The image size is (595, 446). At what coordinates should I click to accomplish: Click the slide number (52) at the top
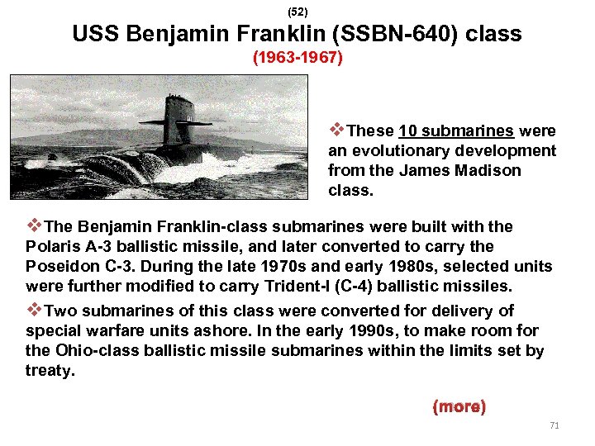click(297, 12)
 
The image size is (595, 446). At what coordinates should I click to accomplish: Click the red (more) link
click(459, 407)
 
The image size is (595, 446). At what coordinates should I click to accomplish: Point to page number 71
click(555, 425)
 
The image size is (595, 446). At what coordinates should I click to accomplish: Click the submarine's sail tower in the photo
click(178, 120)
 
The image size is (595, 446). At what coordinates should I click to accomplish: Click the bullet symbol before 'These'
click(336, 130)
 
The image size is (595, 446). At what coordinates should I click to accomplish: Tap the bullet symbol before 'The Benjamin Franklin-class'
click(33, 225)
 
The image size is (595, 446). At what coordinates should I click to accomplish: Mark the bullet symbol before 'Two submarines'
click(33, 310)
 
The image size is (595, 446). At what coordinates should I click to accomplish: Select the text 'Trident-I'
click(315, 287)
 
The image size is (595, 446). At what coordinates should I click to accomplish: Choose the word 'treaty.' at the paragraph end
click(50, 371)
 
